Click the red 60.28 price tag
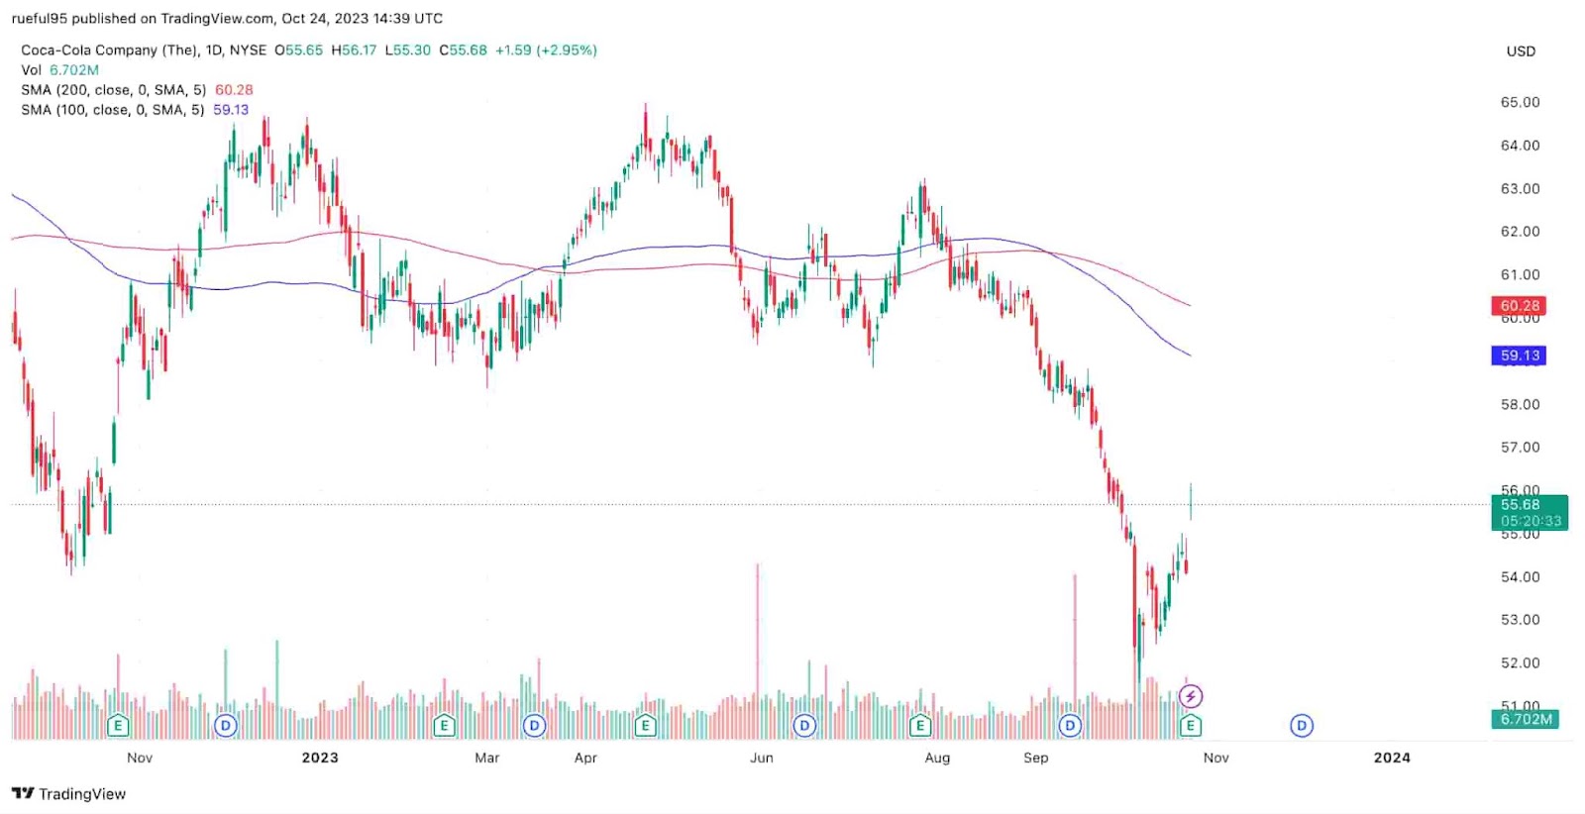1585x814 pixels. (1519, 306)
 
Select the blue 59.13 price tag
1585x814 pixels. (1519, 356)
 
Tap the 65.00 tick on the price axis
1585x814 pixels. (1520, 102)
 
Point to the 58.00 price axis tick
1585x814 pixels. (1520, 404)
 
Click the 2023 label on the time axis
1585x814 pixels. (319, 758)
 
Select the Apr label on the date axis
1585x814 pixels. (585, 758)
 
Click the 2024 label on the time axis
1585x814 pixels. (1391, 758)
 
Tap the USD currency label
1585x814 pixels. (1521, 51)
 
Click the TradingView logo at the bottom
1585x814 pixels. (69, 793)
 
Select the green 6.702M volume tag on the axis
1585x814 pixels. (1526, 719)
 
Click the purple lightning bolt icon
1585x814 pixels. (1191, 696)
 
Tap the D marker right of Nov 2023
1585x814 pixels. (1302, 726)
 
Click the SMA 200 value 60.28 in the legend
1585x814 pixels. (234, 90)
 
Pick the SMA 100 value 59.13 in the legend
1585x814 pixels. (231, 110)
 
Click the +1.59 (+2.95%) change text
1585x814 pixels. (546, 51)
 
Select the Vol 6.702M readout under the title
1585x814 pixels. (60, 70)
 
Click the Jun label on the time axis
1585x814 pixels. (761, 758)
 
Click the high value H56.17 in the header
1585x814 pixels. (354, 51)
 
